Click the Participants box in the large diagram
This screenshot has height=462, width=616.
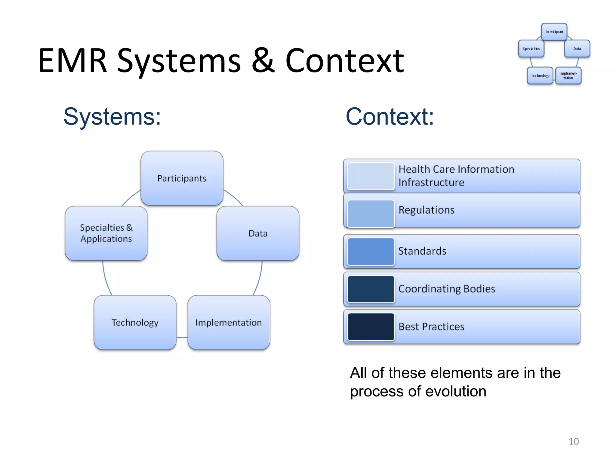pos(182,178)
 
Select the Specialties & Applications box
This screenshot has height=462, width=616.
pos(106,233)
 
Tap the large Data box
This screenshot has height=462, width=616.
pos(258,233)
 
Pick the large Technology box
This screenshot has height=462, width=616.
pos(135,322)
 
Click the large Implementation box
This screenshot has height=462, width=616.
pos(229,322)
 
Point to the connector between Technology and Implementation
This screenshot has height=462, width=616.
pos(182,337)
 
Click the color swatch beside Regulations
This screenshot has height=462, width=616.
pos(371,214)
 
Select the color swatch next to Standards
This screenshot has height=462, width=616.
pos(371,251)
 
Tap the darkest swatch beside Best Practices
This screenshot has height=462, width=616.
pos(371,327)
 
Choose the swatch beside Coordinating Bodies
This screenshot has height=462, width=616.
pos(371,289)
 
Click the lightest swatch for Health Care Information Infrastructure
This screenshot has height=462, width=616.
pos(371,176)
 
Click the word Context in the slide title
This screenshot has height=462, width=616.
pos(344,61)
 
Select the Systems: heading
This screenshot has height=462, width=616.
pos(112,117)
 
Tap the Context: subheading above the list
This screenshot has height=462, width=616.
pos(390,117)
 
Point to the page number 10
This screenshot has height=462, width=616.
pos(574,441)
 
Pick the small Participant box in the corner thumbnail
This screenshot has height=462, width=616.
pos(554,32)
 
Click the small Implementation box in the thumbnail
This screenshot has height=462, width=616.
pos(568,75)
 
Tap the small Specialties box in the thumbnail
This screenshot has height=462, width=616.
pos(531,48)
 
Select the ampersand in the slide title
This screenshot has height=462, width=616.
pos(263,61)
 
